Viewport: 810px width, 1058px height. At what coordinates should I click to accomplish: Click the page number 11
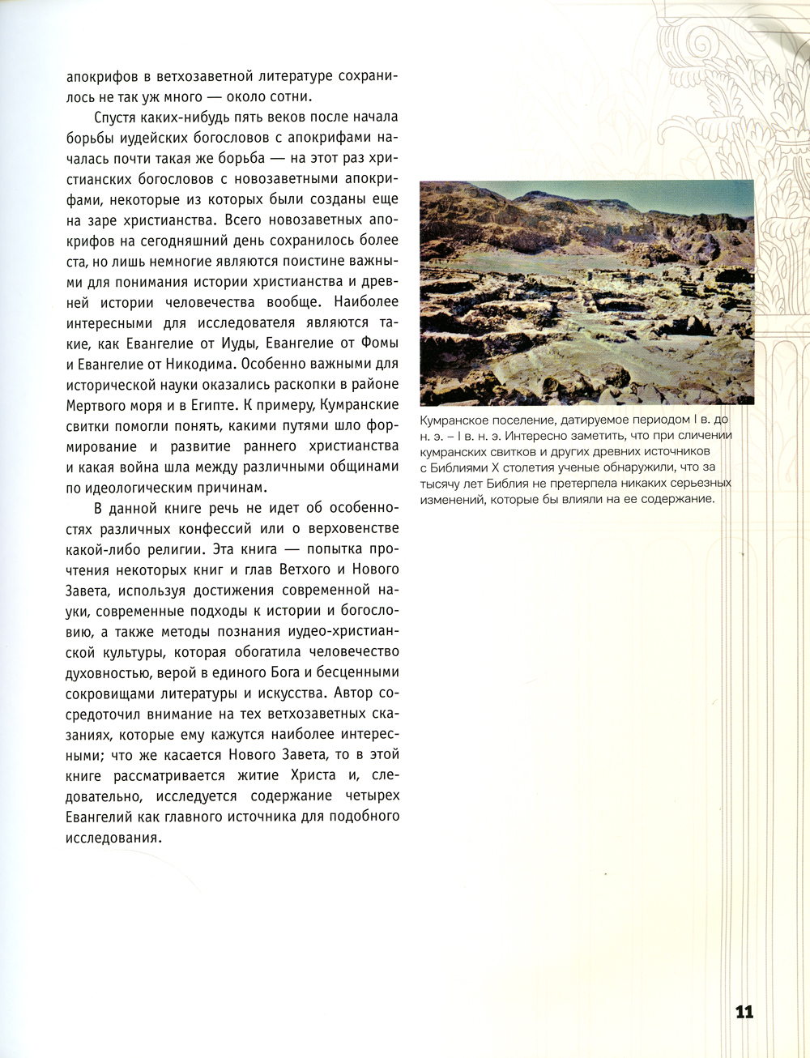pos(744,1012)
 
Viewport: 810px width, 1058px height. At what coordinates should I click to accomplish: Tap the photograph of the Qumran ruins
pos(586,292)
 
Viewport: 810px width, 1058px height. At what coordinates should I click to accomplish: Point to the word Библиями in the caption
pos(458,467)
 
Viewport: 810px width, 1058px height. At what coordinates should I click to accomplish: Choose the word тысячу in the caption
pos(440,484)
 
